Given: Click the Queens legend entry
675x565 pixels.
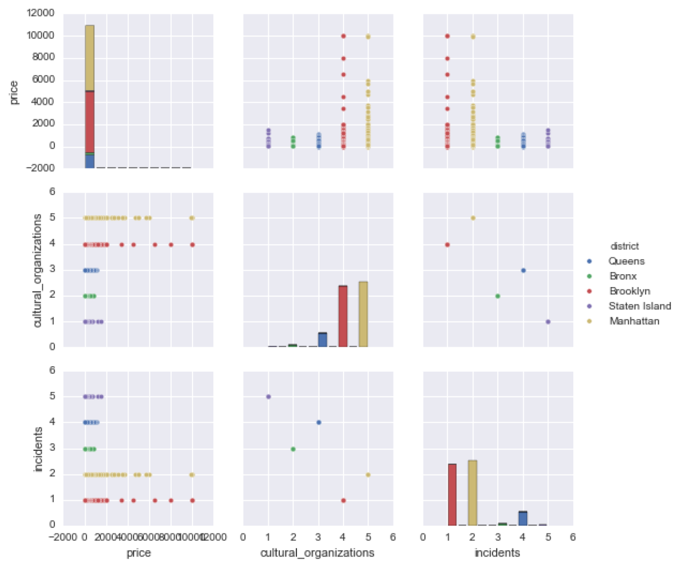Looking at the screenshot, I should (626, 261).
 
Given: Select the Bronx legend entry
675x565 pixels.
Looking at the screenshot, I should (623, 277).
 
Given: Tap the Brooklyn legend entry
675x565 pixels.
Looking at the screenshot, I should (629, 291).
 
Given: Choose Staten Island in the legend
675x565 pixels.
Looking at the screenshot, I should (639, 306).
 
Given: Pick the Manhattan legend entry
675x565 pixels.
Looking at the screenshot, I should (634, 321).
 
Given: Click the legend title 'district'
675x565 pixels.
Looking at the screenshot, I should (624, 246).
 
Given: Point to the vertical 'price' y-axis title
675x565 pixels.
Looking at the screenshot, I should (14, 92).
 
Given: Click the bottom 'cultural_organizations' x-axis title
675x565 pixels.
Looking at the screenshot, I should (317, 553).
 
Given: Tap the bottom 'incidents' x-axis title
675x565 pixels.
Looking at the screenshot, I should (497, 553).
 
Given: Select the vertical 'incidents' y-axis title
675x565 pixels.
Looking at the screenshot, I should (38, 449).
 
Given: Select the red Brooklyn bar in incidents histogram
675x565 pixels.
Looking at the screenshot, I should (452, 495).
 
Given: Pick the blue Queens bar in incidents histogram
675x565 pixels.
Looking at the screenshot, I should (523, 519).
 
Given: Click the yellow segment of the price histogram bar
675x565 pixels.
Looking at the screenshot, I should (89, 58).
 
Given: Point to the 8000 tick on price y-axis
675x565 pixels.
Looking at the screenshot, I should (41, 58).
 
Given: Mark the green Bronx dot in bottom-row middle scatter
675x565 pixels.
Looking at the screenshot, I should (293, 449).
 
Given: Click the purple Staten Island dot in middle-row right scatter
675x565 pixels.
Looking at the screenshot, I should (548, 322).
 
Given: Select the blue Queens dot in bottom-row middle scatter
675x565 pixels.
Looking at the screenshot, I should (319, 422).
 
